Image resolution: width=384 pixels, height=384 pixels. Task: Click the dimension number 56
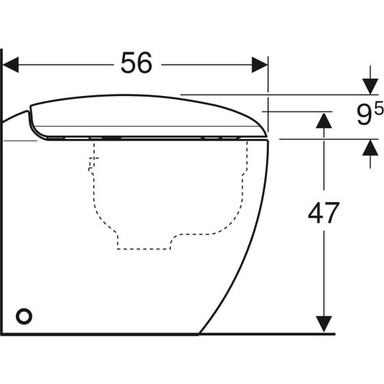pos(137,65)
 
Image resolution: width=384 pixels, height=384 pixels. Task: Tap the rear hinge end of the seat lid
pos(31,115)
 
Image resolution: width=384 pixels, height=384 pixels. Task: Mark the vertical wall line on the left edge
pos(3,192)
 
